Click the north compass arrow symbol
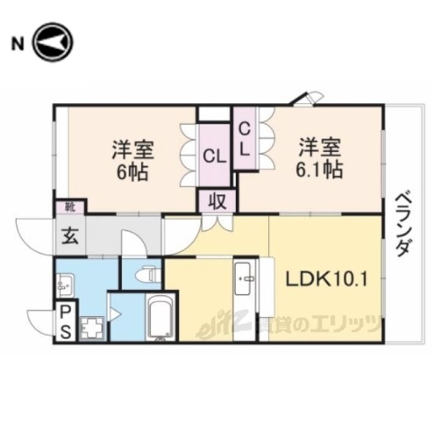[x=53, y=43]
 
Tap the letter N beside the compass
[x=18, y=43]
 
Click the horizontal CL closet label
[x=214, y=158]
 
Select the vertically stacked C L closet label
[x=246, y=139]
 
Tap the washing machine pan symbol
[x=93, y=328]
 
